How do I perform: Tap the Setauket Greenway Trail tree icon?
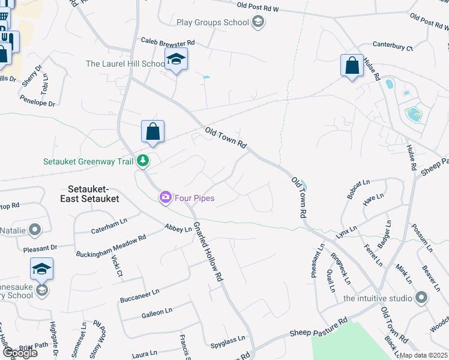pyautogui.click(x=143, y=161)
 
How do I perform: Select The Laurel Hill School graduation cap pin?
pyautogui.click(x=176, y=60)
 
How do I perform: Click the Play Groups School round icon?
pyautogui.click(x=258, y=23)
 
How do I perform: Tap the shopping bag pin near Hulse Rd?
pyautogui.click(x=352, y=66)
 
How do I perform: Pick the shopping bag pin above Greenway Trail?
pyautogui.click(x=153, y=132)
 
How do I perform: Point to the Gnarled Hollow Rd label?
pyautogui.click(x=208, y=252)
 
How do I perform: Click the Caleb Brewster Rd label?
pyautogui.click(x=168, y=43)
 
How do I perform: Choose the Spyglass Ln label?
pyautogui.click(x=228, y=342)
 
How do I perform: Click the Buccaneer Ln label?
pyautogui.click(x=139, y=294)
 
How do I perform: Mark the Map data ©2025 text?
pyautogui.click(x=424, y=355)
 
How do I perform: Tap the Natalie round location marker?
pyautogui.click(x=35, y=229)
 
